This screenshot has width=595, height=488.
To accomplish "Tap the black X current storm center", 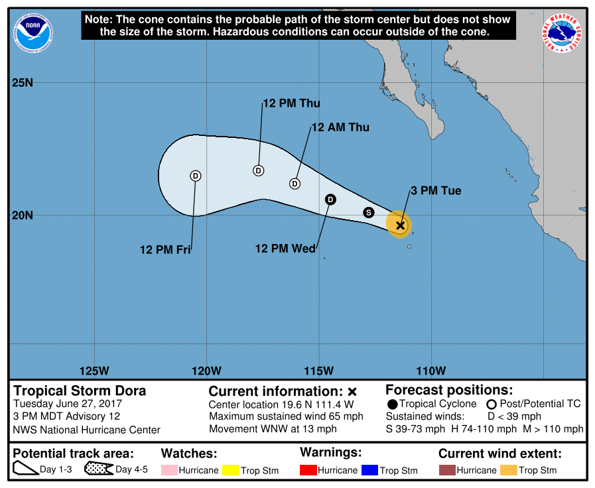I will (400, 225).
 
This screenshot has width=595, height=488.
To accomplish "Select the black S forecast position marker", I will (369, 212).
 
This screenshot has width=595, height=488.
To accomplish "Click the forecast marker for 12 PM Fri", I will (195, 176).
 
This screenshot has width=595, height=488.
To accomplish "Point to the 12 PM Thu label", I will (291, 103).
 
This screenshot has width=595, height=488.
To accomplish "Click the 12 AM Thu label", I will (340, 127).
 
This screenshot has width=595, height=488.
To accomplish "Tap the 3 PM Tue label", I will (435, 191).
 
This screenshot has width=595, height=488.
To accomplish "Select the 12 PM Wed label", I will (285, 249).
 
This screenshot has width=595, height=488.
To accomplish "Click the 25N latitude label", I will (23, 83).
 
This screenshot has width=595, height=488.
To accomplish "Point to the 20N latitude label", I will (23, 215).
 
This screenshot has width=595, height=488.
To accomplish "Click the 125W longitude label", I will (94, 371).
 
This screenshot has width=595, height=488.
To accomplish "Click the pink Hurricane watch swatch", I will (169, 470).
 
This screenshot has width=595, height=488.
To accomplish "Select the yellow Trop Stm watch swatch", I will (231, 470).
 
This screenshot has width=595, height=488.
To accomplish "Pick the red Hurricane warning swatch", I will (308, 470).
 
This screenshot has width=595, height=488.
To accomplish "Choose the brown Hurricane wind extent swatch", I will (447, 470).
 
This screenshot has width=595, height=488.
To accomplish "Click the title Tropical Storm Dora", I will (80, 391).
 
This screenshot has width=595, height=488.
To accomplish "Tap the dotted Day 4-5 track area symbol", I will (98, 469).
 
